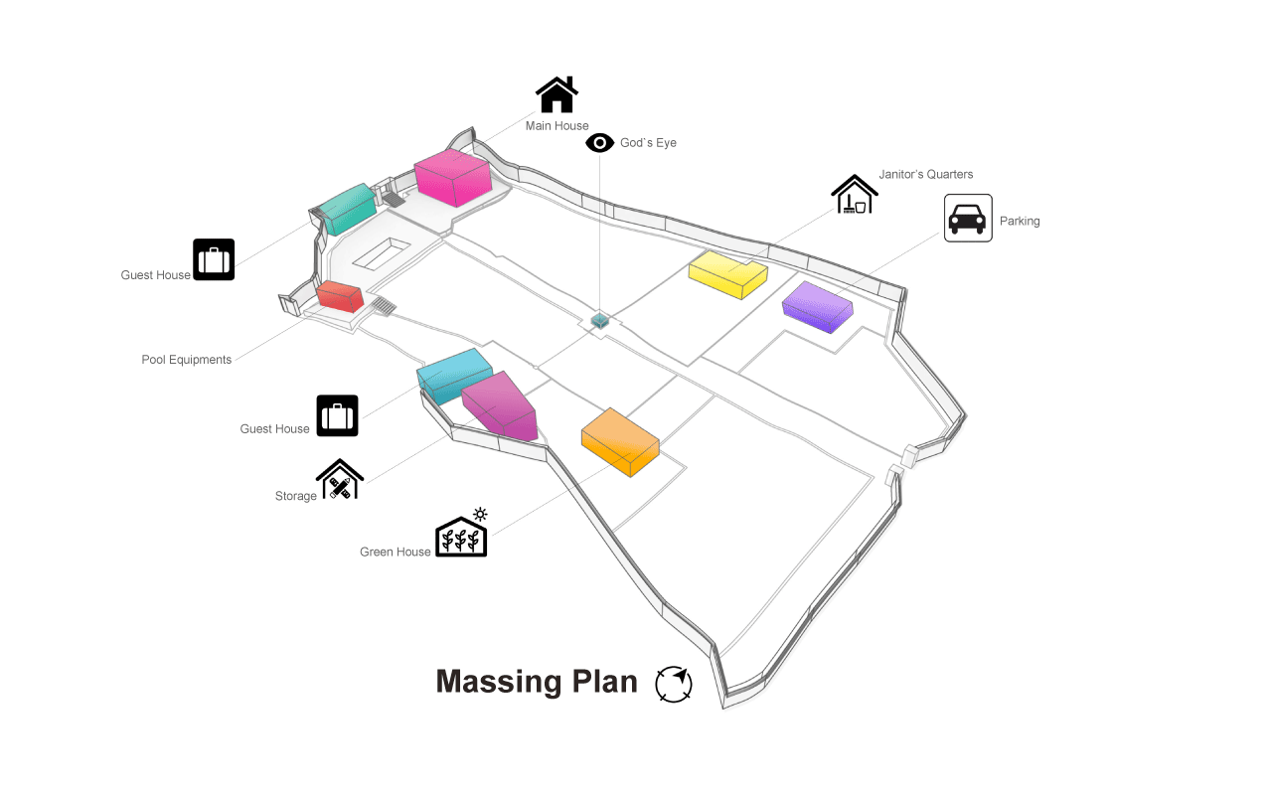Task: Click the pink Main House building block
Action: click(x=453, y=178)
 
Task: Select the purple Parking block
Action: click(x=818, y=305)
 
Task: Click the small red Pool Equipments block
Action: click(x=340, y=296)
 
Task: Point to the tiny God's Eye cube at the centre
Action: click(x=599, y=320)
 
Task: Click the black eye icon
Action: click(x=600, y=143)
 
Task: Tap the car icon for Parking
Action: click(x=968, y=219)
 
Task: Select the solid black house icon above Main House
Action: click(x=556, y=95)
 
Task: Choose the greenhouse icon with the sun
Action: click(x=462, y=535)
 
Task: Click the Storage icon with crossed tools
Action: click(x=340, y=480)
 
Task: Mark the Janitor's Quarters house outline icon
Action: click(x=855, y=195)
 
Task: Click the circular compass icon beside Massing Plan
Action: click(x=674, y=685)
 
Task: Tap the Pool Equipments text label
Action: click(x=187, y=360)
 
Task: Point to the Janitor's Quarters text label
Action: click(x=926, y=175)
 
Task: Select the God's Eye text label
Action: click(x=648, y=143)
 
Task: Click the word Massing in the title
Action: click(x=485, y=682)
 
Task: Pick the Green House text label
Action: click(x=396, y=552)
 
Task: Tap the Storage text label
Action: click(x=296, y=496)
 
